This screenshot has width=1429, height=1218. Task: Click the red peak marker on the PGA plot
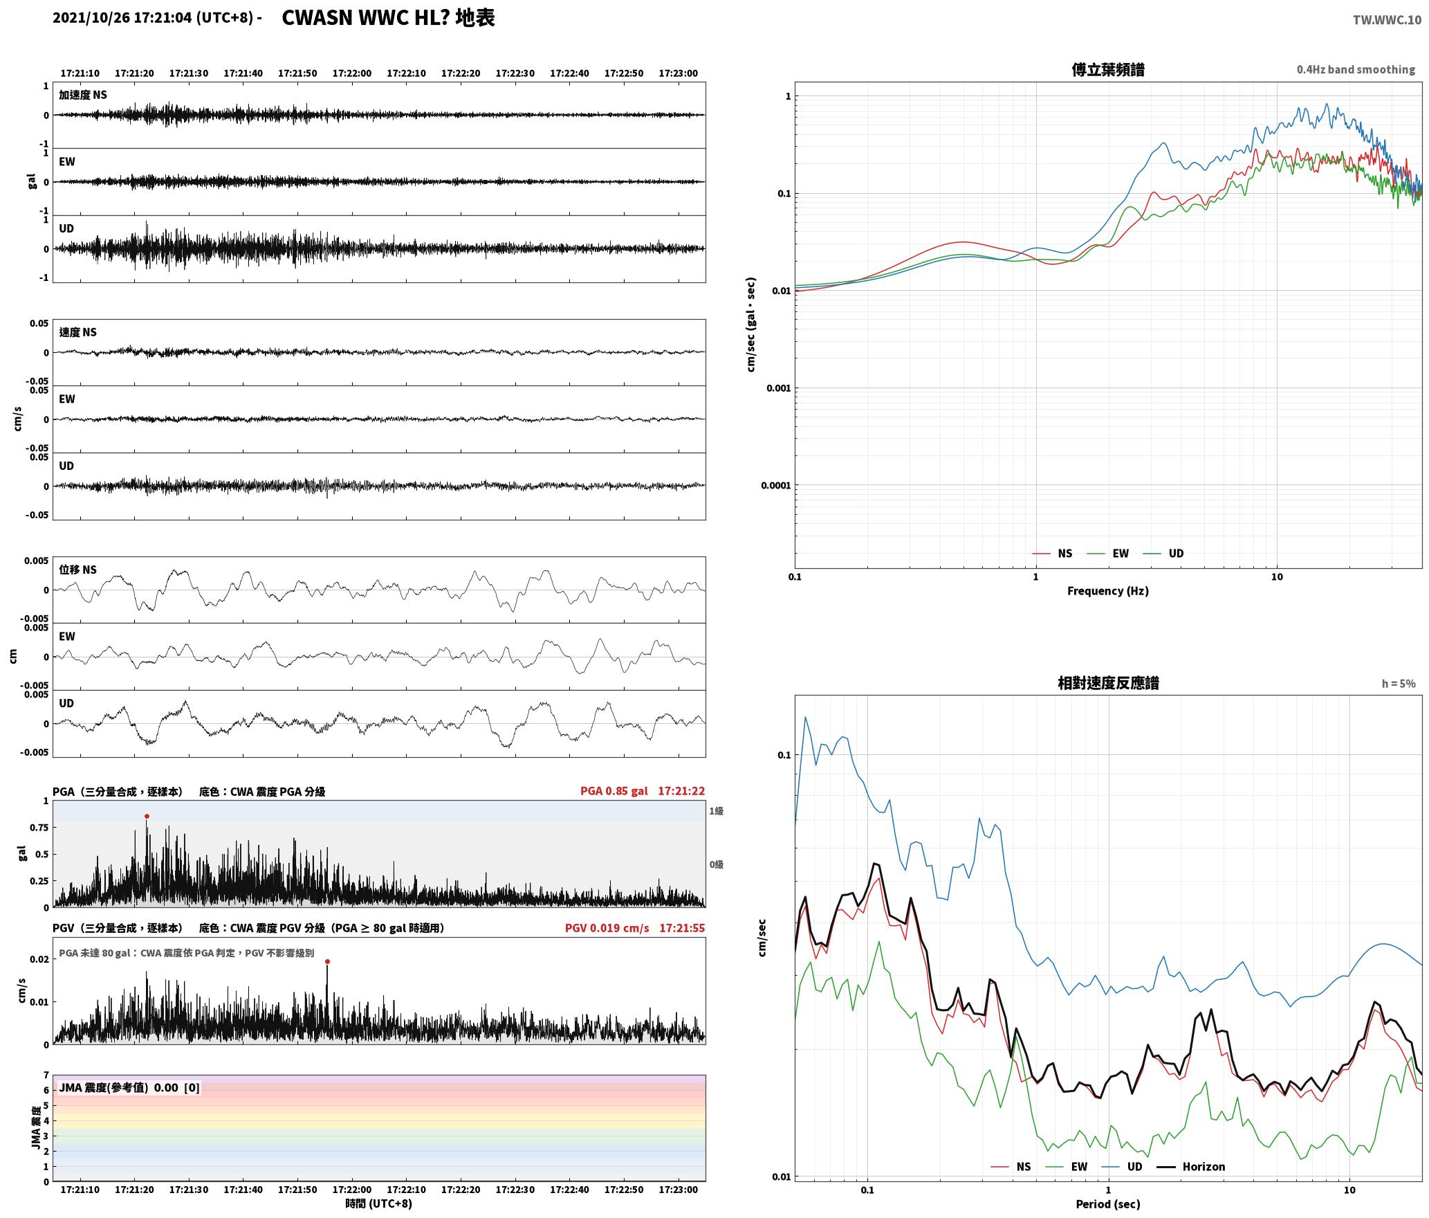coord(147,817)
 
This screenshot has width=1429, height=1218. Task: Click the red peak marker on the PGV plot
coord(327,961)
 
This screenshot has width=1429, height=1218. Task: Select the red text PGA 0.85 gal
coord(614,791)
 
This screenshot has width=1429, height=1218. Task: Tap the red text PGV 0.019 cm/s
coord(607,928)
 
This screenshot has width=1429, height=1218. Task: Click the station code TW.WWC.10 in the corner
coord(1387,20)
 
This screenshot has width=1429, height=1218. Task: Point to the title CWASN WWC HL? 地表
coord(388,18)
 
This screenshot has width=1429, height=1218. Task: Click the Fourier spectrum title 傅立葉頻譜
coord(1108,69)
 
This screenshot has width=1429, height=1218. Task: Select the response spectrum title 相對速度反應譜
coord(1108,683)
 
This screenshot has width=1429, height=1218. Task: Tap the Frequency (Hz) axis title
coord(1107,590)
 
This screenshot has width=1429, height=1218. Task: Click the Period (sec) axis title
coord(1107,1203)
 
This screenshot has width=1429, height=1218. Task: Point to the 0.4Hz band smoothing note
coord(1356,69)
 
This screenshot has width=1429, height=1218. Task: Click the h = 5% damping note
coord(1399,684)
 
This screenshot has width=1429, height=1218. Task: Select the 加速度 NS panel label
coord(83,95)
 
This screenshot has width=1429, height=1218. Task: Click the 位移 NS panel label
coord(77,570)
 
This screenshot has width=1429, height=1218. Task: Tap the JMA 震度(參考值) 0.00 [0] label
coord(129,1087)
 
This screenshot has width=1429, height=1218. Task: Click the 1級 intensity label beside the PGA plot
coord(716,810)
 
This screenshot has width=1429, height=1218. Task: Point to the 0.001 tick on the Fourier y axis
coord(778,388)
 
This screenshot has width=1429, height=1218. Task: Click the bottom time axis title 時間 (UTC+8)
coord(379,1203)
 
